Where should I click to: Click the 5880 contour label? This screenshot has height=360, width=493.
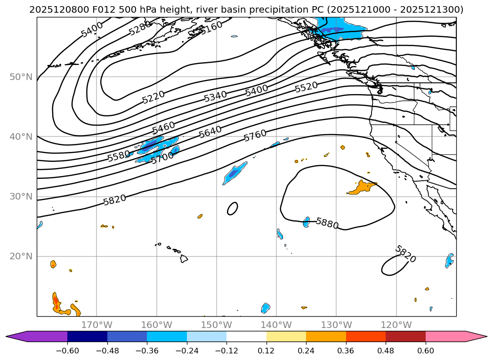[x=327, y=223]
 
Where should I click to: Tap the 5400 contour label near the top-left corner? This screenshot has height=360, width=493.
[x=92, y=30]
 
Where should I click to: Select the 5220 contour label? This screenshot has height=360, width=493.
[x=154, y=97]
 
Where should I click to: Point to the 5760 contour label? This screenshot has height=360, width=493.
[x=255, y=136]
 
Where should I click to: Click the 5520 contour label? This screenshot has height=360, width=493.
[x=306, y=87]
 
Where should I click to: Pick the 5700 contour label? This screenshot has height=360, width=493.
[x=162, y=158]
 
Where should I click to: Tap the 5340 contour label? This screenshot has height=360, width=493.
[x=215, y=96]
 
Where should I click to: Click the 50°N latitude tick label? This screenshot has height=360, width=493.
[x=21, y=77]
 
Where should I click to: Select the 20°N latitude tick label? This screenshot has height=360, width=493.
[x=21, y=256]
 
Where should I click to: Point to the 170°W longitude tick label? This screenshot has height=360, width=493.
[x=97, y=325]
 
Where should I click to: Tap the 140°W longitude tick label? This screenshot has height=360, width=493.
[x=276, y=325]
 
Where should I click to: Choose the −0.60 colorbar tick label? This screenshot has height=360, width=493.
[x=67, y=350]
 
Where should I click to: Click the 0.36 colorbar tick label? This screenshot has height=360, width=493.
[x=346, y=350]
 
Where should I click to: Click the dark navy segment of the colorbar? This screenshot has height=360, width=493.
[x=87, y=336]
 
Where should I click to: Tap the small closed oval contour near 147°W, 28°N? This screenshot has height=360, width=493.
[x=233, y=208]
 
